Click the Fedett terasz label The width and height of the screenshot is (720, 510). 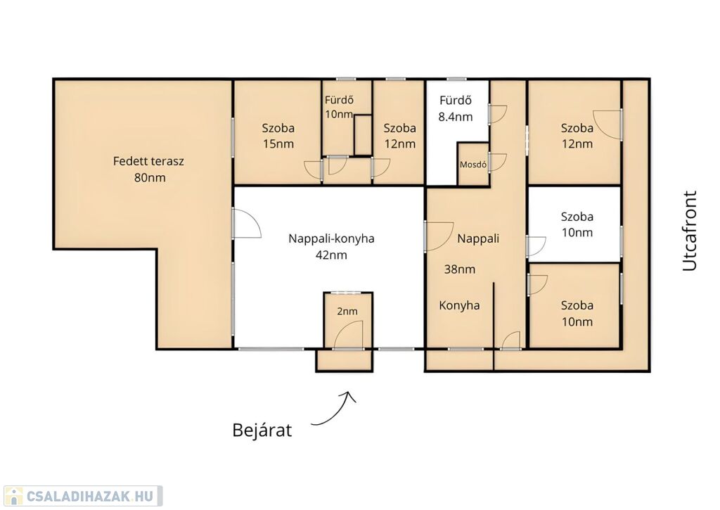tap(148, 161)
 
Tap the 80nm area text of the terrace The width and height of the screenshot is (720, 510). tap(150, 177)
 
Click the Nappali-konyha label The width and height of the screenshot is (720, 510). tap(331, 239)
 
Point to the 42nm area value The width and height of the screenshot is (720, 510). tap(331, 255)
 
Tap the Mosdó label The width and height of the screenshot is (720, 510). tap(473, 164)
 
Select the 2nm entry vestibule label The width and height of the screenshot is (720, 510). tap(347, 312)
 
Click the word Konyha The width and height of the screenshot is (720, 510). tap(459, 305)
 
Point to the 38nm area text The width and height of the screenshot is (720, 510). tap(460, 269)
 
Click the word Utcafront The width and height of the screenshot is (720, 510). tap(689, 231)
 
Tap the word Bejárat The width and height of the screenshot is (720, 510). tap(262, 430)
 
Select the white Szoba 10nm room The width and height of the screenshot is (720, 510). tap(574, 224)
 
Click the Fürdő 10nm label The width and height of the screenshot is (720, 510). tap(339, 107)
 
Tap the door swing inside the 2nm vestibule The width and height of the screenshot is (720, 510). tap(348, 334)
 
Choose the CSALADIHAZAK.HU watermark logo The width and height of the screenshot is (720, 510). tap(82, 496)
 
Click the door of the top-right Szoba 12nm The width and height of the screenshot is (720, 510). tap(607, 124)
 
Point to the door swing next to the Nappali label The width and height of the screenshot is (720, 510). tap(439, 236)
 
